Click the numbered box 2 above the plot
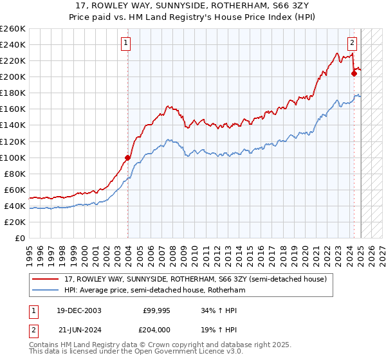click(353, 44)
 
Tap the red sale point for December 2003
click(127, 157)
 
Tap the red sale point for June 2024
click(354, 73)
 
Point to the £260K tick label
click(12, 29)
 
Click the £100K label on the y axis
click(12, 157)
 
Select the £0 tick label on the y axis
click(21, 238)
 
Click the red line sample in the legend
click(46, 279)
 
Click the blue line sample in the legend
click(46, 291)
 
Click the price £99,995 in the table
click(156, 310)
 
